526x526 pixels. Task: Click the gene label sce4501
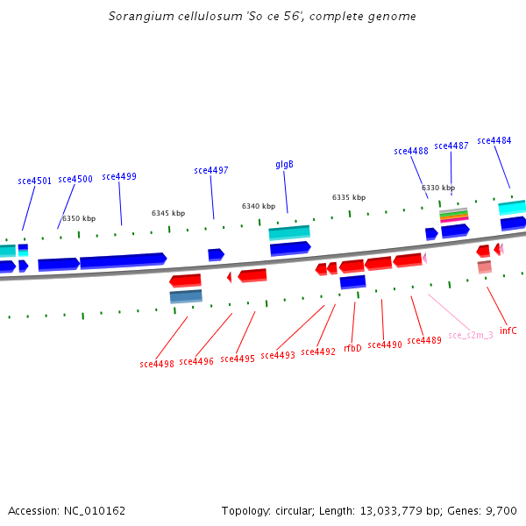click(x=35, y=181)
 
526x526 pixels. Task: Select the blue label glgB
click(x=284, y=165)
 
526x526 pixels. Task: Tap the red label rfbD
click(x=352, y=348)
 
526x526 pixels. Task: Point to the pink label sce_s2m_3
click(x=470, y=335)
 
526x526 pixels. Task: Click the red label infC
click(x=508, y=331)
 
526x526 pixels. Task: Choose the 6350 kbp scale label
click(x=79, y=218)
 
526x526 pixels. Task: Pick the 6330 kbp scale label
click(x=438, y=188)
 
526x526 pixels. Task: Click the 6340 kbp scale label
click(x=259, y=207)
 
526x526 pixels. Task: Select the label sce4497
click(x=211, y=170)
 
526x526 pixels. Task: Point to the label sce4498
click(x=157, y=363)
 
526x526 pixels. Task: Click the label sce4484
click(x=494, y=140)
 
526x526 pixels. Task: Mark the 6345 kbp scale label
click(x=168, y=213)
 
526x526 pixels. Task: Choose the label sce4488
click(x=411, y=151)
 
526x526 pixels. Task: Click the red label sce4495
click(x=238, y=359)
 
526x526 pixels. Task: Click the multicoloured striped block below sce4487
click(x=453, y=216)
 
